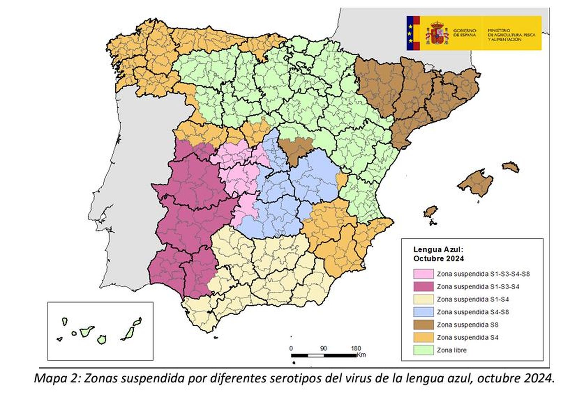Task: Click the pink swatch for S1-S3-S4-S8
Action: tap(423, 274)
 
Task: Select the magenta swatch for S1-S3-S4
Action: tap(423, 287)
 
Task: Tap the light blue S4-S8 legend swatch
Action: tap(423, 312)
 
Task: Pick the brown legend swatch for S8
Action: tap(423, 324)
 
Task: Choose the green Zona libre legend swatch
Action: tap(423, 350)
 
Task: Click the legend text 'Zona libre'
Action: tap(452, 350)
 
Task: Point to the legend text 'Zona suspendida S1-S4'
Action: tap(473, 299)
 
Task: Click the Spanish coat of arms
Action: tap(437, 33)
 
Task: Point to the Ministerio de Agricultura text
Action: tap(511, 35)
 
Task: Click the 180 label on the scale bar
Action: tap(356, 349)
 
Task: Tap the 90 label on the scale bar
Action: tap(323, 349)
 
